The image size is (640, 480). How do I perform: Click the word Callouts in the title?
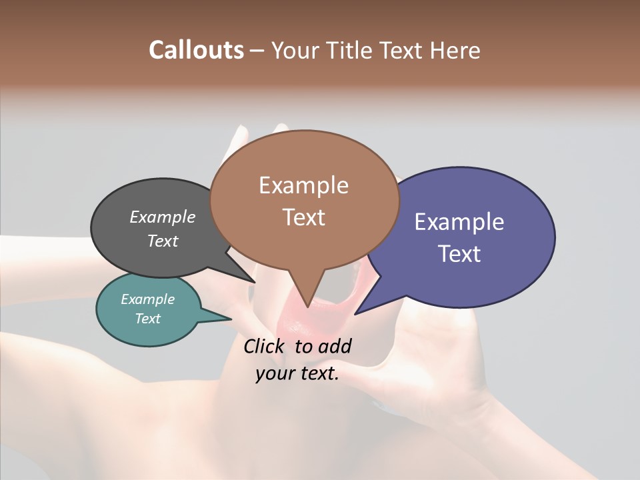(x=196, y=50)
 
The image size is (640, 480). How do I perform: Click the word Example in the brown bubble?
(x=303, y=185)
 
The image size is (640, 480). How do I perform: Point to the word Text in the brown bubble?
(x=304, y=217)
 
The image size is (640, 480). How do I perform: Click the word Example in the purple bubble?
(x=459, y=222)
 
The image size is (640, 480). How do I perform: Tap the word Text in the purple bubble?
(x=460, y=254)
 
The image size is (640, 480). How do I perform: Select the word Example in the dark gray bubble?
(x=163, y=217)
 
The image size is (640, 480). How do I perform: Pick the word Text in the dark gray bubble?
(x=163, y=241)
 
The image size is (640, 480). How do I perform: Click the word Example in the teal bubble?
(x=147, y=299)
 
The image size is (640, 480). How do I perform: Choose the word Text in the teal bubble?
(x=147, y=319)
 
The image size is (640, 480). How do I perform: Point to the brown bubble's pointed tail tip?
(x=307, y=306)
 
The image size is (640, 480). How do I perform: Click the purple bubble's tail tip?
(x=356, y=313)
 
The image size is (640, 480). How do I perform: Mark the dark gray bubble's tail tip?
(x=254, y=281)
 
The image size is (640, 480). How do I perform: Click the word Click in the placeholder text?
(x=265, y=346)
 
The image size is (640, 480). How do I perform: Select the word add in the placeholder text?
(x=334, y=346)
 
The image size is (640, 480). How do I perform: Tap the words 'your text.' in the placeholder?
(x=297, y=373)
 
